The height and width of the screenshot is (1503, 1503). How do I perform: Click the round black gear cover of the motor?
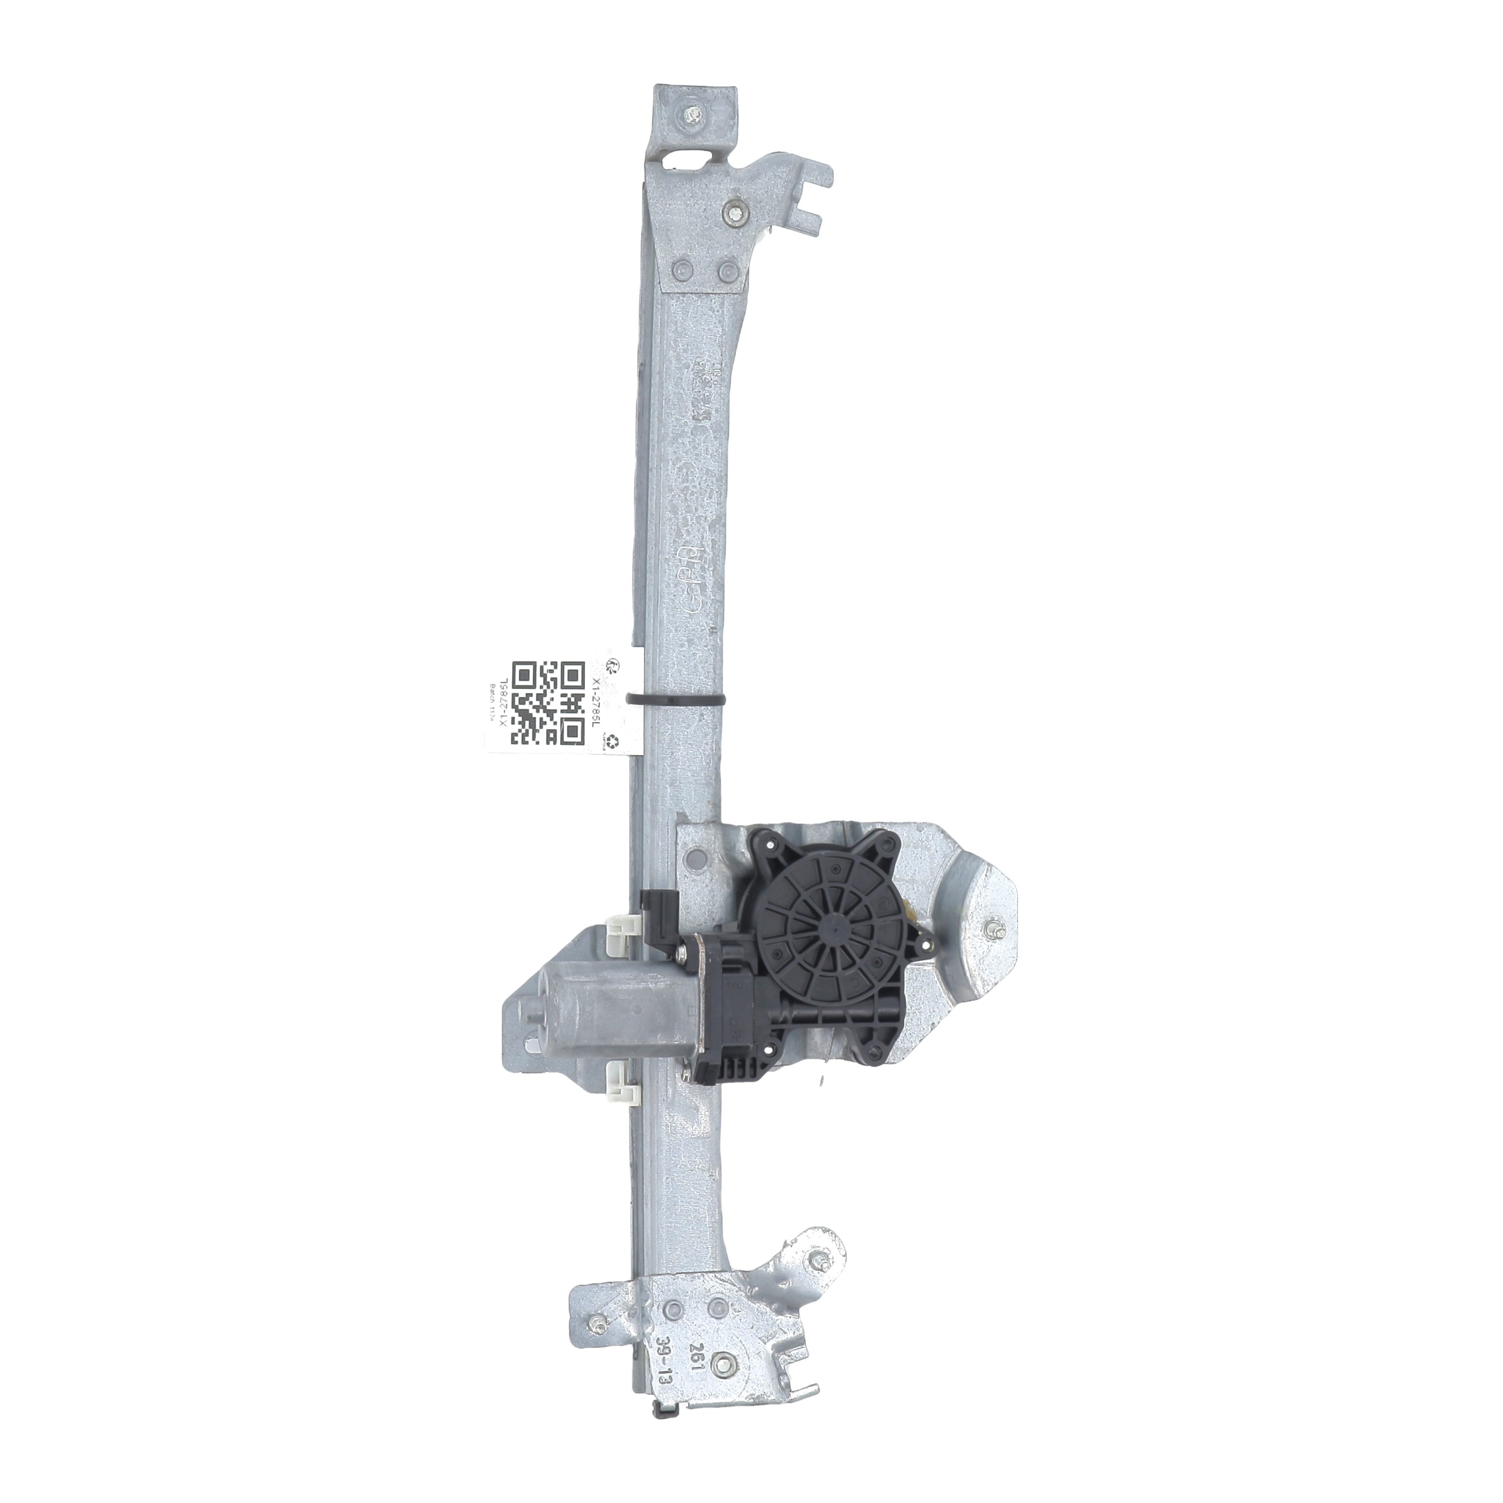point(830,926)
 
